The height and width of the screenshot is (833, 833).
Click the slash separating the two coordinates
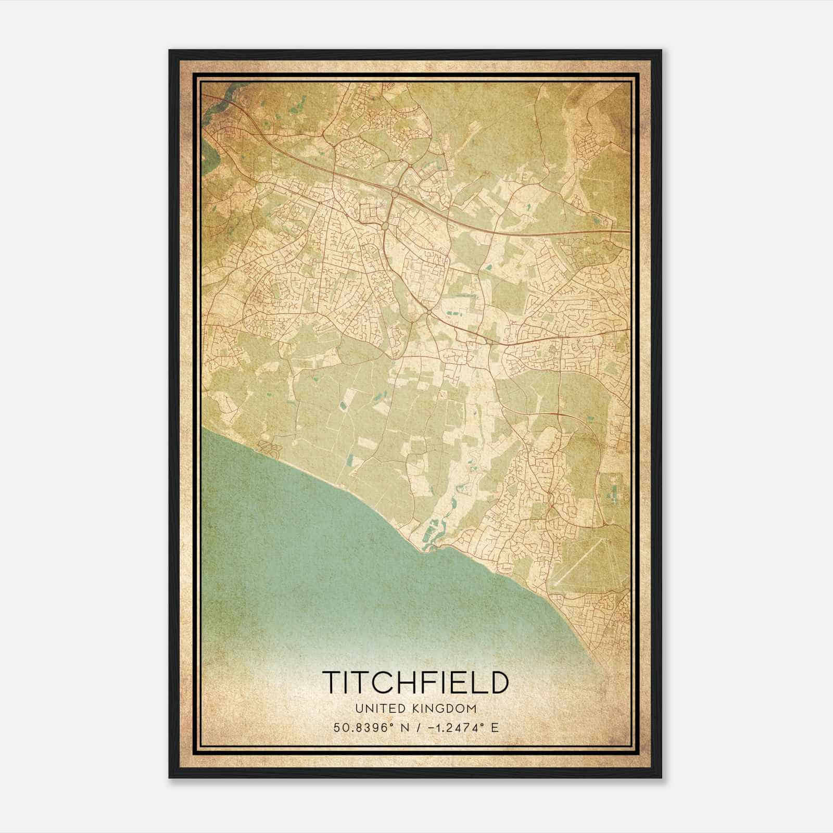coord(414,727)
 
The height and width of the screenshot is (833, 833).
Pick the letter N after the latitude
coord(402,727)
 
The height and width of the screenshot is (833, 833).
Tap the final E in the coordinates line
coord(495,727)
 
